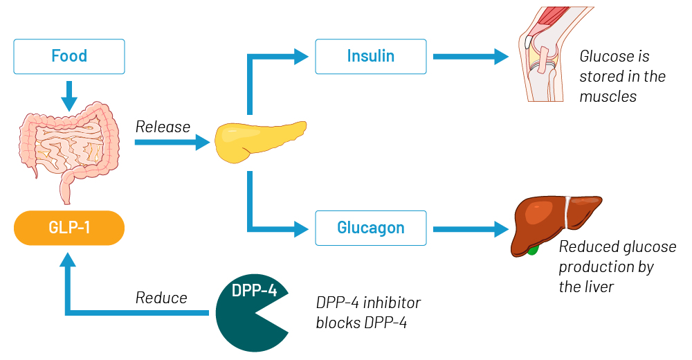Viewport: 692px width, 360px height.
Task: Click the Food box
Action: [69, 56]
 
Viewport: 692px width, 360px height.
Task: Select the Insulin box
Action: [371, 56]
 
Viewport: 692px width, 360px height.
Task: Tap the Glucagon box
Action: [371, 228]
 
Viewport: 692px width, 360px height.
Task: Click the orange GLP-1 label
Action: [69, 228]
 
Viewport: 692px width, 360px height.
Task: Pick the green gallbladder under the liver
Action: [532, 248]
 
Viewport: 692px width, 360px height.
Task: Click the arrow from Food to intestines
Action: [69, 96]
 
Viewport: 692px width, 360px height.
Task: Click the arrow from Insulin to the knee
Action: [471, 57]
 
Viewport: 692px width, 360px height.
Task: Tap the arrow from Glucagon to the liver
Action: [471, 228]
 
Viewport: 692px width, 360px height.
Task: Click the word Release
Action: [163, 127]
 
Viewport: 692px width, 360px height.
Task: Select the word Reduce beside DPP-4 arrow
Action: [161, 298]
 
